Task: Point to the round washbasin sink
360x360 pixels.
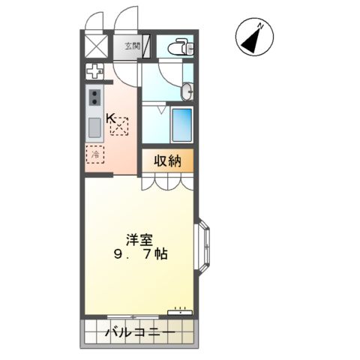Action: coord(187,92)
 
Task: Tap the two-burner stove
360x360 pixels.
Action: coord(96,98)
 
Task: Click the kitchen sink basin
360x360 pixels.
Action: coord(95,127)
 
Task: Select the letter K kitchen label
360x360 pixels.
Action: coord(110,118)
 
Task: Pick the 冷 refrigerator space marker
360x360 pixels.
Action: coord(96,154)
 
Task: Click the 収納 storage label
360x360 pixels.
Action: coord(169,160)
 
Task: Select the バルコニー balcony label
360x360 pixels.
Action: coord(140,331)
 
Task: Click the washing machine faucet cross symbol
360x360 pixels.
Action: coord(95,73)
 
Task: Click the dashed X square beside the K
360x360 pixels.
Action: coord(120,128)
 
